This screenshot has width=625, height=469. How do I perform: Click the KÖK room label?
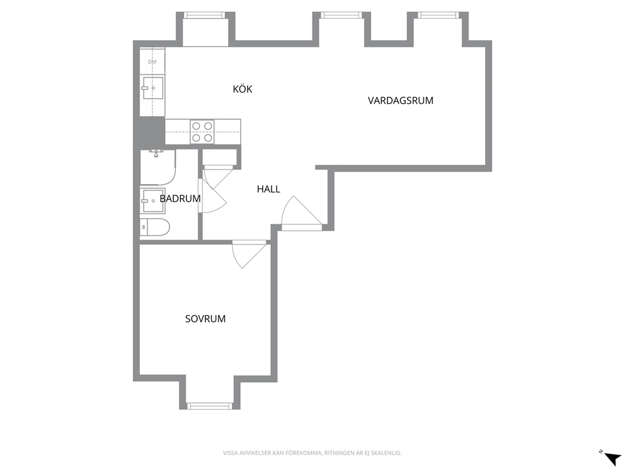[x=243, y=89]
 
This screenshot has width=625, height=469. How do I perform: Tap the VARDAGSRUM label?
[x=400, y=100]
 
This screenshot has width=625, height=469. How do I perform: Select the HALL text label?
[x=268, y=189]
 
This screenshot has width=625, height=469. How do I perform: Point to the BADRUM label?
[x=180, y=198]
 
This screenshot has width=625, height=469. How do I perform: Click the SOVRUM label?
[x=205, y=318]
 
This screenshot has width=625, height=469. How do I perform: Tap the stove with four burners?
[x=202, y=132]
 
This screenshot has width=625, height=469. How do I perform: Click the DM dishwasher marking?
[x=152, y=62]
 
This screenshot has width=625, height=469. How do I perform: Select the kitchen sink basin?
[x=152, y=88]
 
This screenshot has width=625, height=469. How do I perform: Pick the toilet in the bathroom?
[x=154, y=228]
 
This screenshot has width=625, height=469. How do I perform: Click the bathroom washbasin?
[x=152, y=201]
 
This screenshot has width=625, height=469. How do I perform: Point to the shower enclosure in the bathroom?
[x=158, y=167]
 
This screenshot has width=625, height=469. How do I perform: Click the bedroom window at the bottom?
[x=210, y=406]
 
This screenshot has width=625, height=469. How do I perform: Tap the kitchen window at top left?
[x=205, y=15]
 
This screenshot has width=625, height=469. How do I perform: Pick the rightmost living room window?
[x=438, y=15]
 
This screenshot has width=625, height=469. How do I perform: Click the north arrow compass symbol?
[x=611, y=457]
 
